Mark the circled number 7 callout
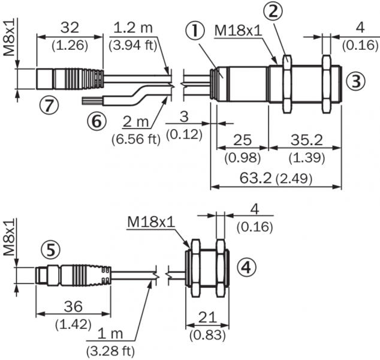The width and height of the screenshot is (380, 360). coord(50,104)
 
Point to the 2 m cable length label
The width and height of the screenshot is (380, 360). coord(135,122)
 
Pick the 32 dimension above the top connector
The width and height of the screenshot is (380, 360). coord(71,27)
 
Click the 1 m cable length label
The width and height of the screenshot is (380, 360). coord(111,334)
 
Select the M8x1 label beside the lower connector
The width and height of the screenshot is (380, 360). coord(8,239)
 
